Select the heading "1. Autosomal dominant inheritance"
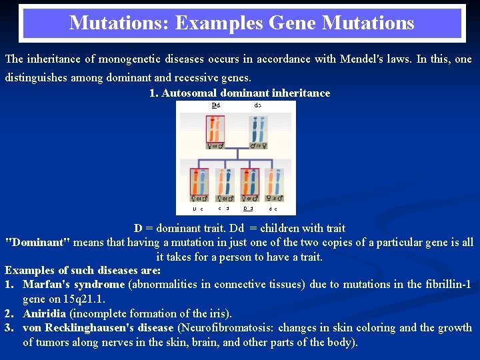pos(239,93)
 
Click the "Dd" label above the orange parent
pos(215,105)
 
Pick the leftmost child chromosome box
pos(199,185)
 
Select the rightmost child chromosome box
pos(274,185)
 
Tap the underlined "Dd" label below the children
pos(248,209)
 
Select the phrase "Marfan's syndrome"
pos(73,285)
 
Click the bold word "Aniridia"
pos(44,313)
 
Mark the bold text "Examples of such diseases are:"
pos(83,271)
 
